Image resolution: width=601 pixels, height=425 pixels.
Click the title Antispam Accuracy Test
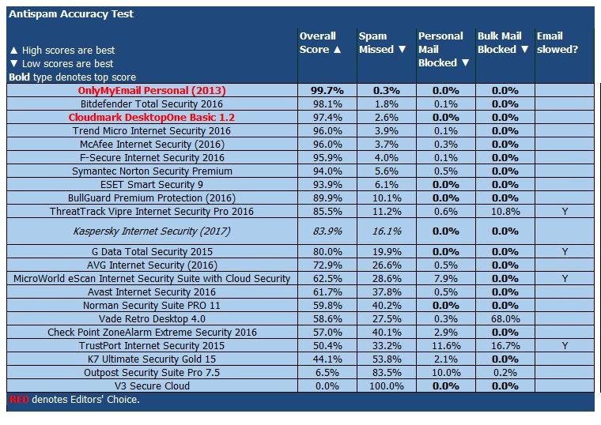(71, 14)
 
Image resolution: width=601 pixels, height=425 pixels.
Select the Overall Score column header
(318, 43)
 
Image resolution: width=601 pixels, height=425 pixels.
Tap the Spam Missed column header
(376, 43)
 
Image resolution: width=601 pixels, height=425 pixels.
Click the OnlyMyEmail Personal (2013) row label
(152, 91)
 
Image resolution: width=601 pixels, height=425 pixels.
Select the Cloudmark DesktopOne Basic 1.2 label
(152, 117)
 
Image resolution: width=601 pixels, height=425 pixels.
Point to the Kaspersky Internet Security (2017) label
(152, 231)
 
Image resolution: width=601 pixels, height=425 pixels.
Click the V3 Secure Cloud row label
(152, 386)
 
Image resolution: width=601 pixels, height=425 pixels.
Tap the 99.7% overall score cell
(318, 91)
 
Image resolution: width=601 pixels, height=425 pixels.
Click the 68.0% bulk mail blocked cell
(505, 318)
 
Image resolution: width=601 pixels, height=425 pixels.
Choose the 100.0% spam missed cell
(386, 386)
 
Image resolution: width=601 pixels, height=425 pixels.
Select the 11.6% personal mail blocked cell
(445, 345)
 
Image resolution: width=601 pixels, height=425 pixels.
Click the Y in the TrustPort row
(564, 345)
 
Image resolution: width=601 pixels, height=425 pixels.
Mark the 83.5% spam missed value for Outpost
(386, 372)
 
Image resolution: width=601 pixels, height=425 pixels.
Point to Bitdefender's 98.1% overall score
(318, 103)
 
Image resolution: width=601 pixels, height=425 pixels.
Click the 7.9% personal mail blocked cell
(445, 278)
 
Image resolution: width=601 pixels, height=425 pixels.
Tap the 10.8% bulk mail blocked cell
(505, 211)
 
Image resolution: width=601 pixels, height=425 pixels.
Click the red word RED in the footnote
(17, 399)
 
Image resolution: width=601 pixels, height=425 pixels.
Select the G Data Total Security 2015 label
(152, 251)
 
